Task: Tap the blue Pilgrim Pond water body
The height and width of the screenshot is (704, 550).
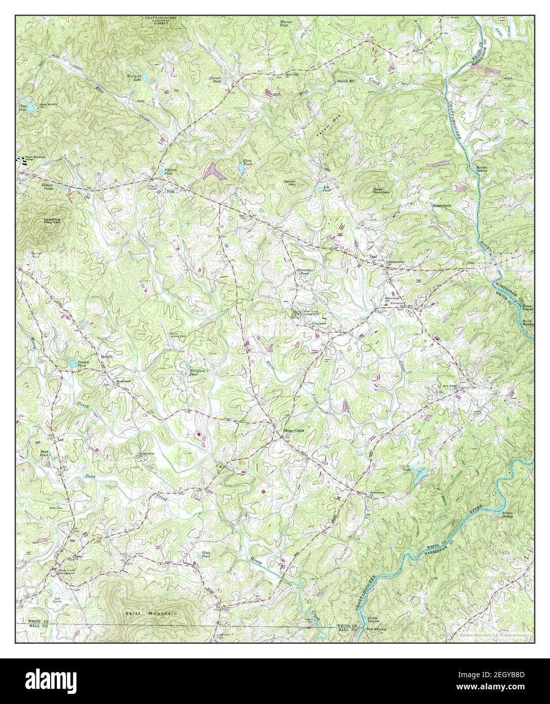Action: click(161, 173)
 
